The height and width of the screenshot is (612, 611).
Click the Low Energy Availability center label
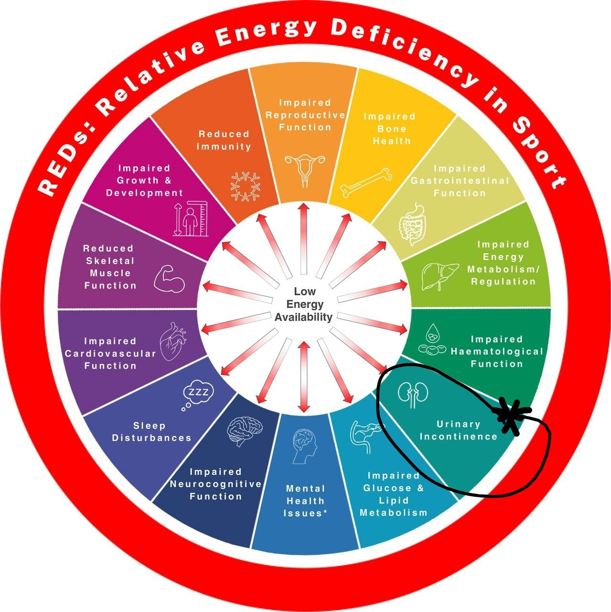click(x=303, y=304)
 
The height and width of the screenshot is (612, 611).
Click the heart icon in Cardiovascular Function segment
click(x=172, y=342)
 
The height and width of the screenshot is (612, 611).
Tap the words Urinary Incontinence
click(x=459, y=430)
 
